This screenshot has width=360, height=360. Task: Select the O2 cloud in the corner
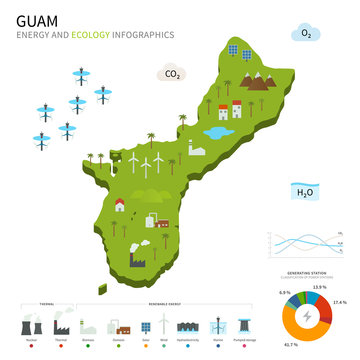coord(304,35)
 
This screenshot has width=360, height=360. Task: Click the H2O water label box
coord(305,190)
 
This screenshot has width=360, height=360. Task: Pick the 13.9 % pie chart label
coord(319,287)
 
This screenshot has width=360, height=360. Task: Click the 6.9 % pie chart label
coord(285,293)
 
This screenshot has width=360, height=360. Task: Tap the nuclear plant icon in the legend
coord(33,327)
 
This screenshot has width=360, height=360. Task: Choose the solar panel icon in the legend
coord(146,327)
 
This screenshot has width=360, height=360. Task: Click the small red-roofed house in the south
coord(120,205)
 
